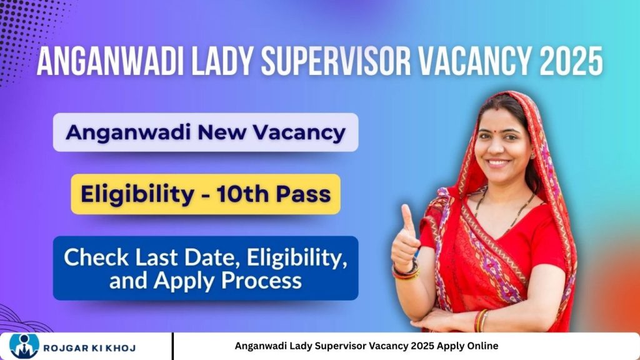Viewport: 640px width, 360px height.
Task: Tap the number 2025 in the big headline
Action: [x=571, y=61]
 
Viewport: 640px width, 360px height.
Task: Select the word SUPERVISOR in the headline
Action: [x=336, y=61]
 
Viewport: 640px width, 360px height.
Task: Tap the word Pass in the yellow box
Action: [x=303, y=194]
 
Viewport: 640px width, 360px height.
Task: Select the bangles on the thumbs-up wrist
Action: [x=405, y=270]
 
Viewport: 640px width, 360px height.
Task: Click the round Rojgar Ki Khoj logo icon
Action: [x=24, y=347]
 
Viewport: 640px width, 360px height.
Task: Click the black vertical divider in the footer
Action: [x=172, y=346]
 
